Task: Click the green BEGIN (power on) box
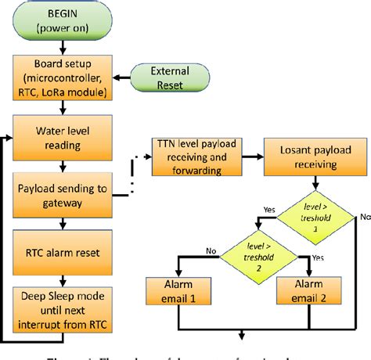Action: click(63, 22)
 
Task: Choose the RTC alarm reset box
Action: click(63, 254)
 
